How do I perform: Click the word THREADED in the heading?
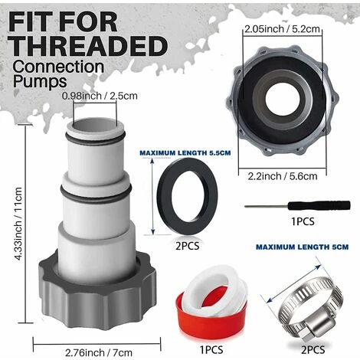coord(88,46)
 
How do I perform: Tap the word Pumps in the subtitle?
coord(40,82)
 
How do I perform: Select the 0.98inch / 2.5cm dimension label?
coord(100,96)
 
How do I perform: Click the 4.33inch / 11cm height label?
coord(18,224)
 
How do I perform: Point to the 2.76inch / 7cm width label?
coord(99,352)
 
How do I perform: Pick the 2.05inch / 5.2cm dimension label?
coord(283,29)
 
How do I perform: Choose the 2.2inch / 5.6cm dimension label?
coord(283,176)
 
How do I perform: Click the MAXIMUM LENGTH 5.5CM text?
coord(185,153)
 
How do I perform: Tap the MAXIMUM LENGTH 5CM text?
coord(303,247)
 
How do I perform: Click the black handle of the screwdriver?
coord(319,205)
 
